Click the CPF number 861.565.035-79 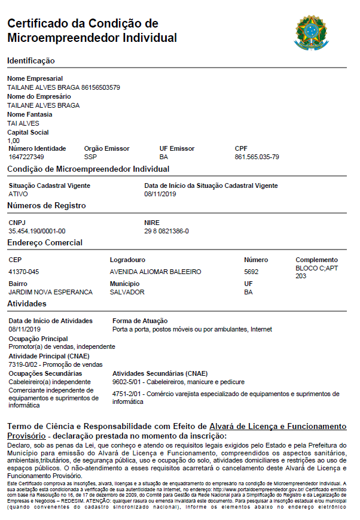click(x=257, y=157)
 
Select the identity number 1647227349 click(x=26, y=157)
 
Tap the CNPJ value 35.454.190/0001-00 click(x=37, y=230)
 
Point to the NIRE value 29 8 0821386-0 click(x=166, y=230)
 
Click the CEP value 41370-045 click(x=24, y=272)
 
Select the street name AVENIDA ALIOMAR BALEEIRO click(x=155, y=272)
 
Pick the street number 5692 click(x=251, y=272)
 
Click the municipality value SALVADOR click(x=127, y=292)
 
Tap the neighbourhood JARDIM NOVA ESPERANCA click(x=50, y=292)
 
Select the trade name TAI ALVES click(x=23, y=123)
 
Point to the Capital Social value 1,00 click(x=13, y=141)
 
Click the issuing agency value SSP click(x=90, y=157)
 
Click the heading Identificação click(x=30, y=60)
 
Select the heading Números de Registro click(x=46, y=206)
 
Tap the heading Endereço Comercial click(x=45, y=243)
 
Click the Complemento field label click(x=316, y=260)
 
